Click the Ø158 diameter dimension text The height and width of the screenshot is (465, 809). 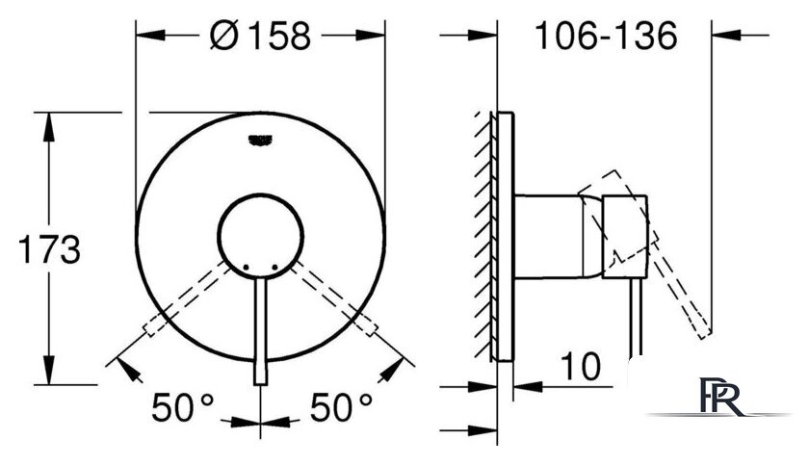point(261,35)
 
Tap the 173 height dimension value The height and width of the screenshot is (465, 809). point(49,249)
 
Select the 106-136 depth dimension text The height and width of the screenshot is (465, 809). point(606,36)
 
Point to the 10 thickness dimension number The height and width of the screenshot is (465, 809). point(581,366)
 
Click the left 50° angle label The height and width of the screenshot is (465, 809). point(183,406)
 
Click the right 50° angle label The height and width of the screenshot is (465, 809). point(341,406)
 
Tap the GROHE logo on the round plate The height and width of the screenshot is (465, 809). point(260,141)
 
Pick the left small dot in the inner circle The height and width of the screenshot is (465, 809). point(246,267)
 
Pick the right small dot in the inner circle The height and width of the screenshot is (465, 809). point(274,267)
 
